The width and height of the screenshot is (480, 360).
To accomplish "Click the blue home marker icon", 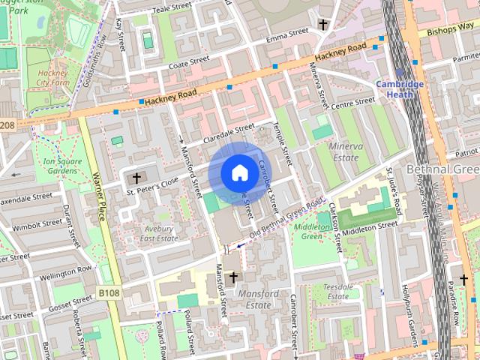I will [x=239, y=173].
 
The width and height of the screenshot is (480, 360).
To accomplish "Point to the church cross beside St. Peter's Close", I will [x=136, y=178].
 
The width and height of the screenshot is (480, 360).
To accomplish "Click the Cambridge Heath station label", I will [x=400, y=89].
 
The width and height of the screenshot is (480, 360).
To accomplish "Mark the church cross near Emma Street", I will [x=323, y=24].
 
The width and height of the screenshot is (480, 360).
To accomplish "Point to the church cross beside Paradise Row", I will [x=463, y=280].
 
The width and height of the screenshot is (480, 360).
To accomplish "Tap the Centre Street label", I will [x=352, y=102].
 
